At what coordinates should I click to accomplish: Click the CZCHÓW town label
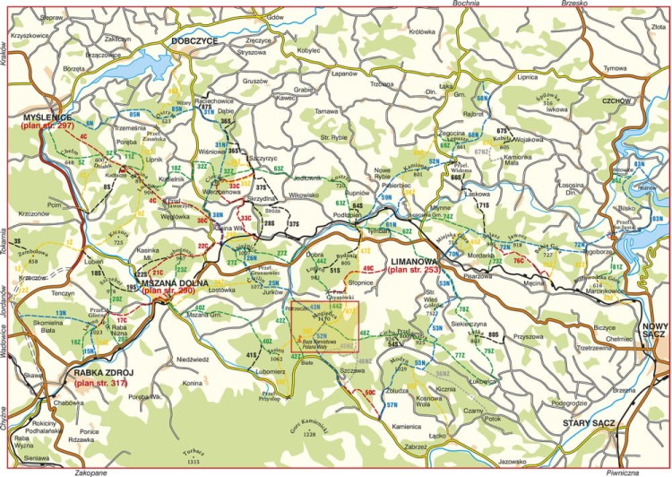(x=617, y=100)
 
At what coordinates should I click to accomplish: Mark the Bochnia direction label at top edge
(x=468, y=4)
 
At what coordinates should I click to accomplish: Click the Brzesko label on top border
(x=573, y=4)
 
